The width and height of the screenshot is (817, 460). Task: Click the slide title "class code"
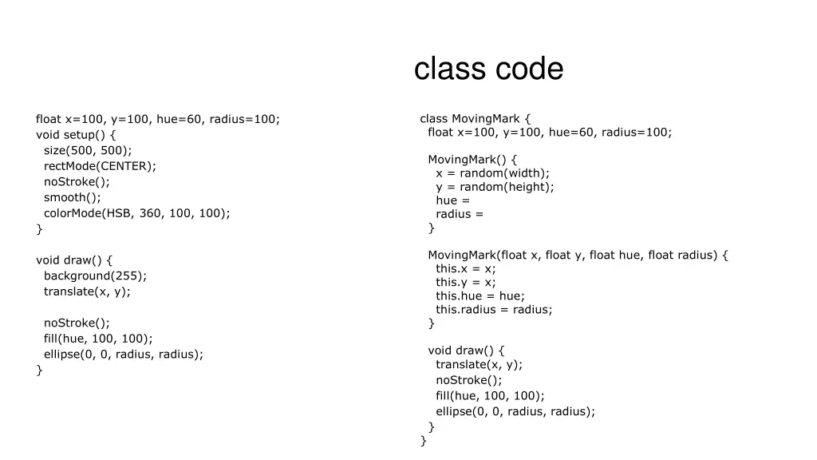(x=488, y=69)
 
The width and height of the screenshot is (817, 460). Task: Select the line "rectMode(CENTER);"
(x=100, y=166)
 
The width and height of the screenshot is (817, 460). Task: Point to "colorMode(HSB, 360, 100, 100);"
(x=136, y=213)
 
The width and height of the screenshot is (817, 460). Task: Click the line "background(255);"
(x=95, y=276)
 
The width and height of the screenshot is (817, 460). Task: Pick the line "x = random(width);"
(x=492, y=172)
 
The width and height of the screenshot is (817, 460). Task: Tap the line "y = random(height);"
(x=495, y=187)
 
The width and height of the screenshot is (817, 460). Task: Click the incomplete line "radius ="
(x=460, y=214)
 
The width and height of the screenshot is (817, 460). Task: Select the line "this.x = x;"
(x=465, y=268)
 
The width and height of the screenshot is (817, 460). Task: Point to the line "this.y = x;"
(x=465, y=282)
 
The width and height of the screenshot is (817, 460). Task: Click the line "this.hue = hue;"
(x=480, y=295)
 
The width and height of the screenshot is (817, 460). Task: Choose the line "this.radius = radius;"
(x=494, y=309)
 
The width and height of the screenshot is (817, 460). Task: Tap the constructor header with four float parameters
(x=578, y=255)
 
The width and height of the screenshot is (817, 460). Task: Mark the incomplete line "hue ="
(x=452, y=200)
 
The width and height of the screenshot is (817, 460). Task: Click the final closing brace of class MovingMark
(x=424, y=440)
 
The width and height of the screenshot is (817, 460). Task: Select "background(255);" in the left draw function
(x=95, y=276)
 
